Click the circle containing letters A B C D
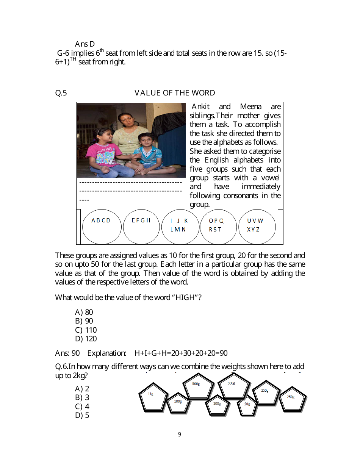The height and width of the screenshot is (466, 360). click(102, 227)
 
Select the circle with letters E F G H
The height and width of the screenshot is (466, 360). click(141, 227)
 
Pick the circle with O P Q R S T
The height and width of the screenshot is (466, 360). click(218, 227)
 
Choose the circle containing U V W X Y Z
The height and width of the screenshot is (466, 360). click(257, 227)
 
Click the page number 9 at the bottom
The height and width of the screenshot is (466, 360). click(180, 435)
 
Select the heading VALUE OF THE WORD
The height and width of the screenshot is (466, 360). click(175, 93)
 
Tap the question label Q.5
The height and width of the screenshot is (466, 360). click(61, 93)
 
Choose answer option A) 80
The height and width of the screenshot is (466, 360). click(84, 312)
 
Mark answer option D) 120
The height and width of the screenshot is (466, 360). click(86, 339)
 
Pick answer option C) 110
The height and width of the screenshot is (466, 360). click(86, 330)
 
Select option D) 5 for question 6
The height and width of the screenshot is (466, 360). click(82, 415)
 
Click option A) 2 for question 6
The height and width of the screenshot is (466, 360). click(82, 389)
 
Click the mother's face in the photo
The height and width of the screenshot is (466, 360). click(127, 120)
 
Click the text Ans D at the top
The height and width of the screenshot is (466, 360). click(85, 44)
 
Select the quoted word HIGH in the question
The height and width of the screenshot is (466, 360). click(186, 297)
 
